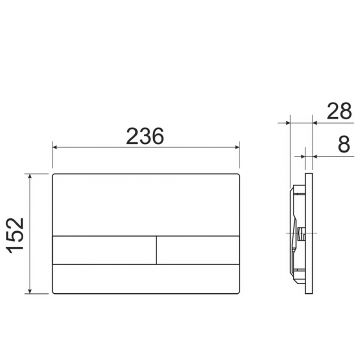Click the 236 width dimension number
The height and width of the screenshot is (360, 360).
click(145, 136)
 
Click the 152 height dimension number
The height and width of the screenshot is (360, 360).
click(17, 235)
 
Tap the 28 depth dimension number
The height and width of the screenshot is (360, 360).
click(339, 111)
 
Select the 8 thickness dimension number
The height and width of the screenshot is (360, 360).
click(344, 144)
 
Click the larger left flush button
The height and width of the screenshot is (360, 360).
click(104, 250)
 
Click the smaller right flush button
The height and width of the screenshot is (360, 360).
click(198, 250)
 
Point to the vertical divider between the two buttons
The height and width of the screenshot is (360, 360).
click(156, 250)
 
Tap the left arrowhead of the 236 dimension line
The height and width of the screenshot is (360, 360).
click(55, 147)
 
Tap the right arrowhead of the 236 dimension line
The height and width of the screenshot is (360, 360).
click(237, 147)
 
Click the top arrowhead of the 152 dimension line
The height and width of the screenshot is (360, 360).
click(30, 177)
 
